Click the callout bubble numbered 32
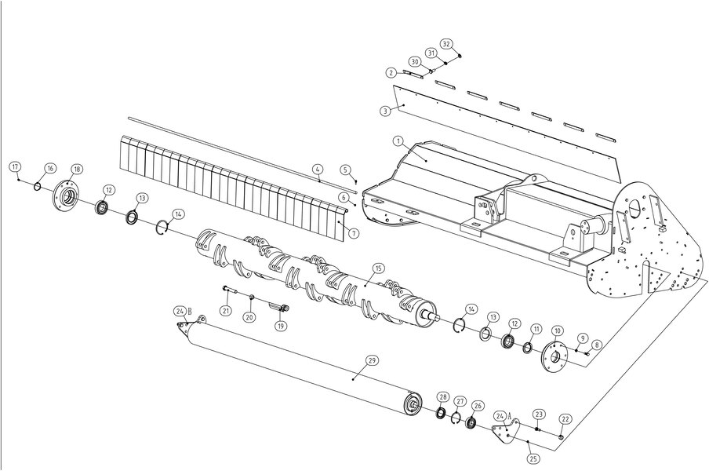[446, 44]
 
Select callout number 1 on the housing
[398, 141]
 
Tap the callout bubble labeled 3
[385, 111]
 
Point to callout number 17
[16, 166]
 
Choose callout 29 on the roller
[371, 360]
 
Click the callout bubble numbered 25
[533, 458]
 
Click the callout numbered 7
[354, 233]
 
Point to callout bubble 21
[226, 310]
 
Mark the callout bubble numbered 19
[282, 325]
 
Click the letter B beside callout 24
[190, 312]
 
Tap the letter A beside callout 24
[510, 415]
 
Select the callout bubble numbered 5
[346, 170]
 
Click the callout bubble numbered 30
[415, 61]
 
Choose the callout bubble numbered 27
[460, 401]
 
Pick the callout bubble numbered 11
[536, 329]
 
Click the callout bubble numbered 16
[49, 168]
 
